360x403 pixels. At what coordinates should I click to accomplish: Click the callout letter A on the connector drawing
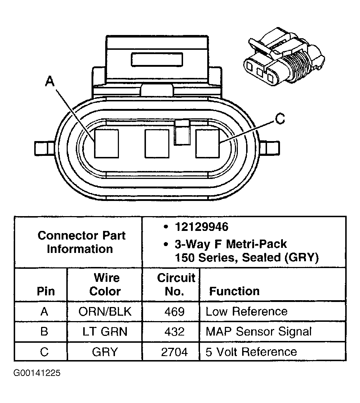[x=50, y=82]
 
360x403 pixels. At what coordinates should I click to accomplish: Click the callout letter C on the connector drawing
[x=280, y=119]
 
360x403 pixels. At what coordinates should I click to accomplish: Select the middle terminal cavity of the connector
[x=157, y=143]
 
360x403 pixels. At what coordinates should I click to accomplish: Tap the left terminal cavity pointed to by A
[x=106, y=143]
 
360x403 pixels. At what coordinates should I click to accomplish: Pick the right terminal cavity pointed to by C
[x=207, y=143]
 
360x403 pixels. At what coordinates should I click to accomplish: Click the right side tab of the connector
[x=271, y=148]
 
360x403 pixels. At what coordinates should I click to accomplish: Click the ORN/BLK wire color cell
[x=105, y=312]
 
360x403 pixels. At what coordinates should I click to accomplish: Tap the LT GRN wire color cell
[x=105, y=332]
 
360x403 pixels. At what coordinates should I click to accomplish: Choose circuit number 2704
[x=174, y=352]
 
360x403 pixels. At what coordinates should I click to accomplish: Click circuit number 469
[x=174, y=312]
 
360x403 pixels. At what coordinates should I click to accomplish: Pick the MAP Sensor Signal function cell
[x=258, y=332]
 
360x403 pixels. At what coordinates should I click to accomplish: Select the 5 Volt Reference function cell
[x=251, y=352]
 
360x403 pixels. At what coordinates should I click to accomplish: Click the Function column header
[x=234, y=291]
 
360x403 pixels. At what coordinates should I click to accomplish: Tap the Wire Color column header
[x=105, y=285]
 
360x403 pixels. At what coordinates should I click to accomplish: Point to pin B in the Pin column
[x=44, y=332]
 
